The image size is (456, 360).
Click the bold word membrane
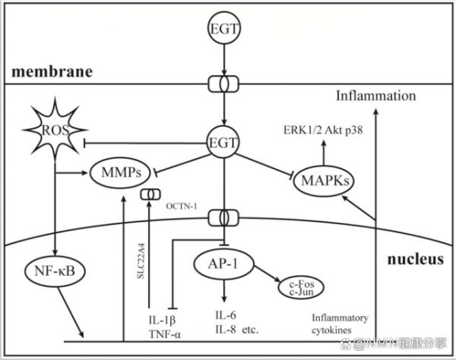click(52, 71)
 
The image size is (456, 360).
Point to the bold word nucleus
click(416, 259)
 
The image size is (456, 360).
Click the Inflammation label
click(376, 96)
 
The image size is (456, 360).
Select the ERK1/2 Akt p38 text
click(323, 130)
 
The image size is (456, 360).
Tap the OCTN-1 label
click(182, 207)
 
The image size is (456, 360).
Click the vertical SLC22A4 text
click(141, 261)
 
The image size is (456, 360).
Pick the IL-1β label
click(163, 321)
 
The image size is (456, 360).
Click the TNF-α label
click(165, 334)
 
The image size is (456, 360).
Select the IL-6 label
click(226, 315)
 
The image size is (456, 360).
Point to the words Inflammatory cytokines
click(340, 324)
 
